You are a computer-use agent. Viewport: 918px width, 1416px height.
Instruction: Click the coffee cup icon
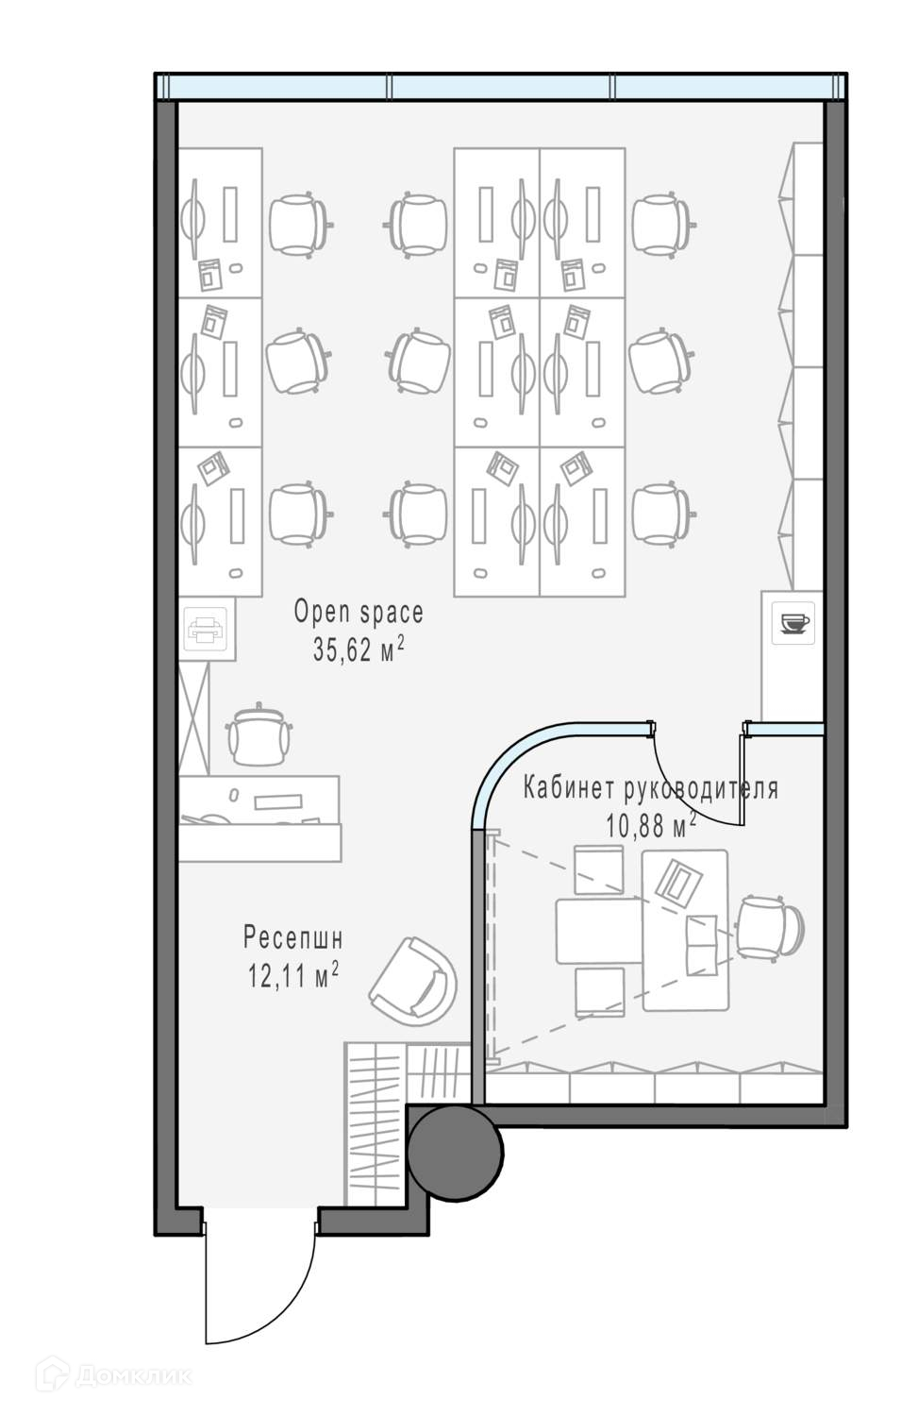click(793, 623)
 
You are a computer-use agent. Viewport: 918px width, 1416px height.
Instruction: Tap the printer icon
click(206, 630)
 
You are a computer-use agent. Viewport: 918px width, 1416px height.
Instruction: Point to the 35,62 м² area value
click(359, 649)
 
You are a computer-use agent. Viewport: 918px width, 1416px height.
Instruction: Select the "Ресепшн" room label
click(293, 937)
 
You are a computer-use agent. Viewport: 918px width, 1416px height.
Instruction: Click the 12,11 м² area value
click(293, 975)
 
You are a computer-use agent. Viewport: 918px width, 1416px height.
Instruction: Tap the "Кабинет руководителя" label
click(651, 789)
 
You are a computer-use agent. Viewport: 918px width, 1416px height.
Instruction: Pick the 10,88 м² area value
click(651, 825)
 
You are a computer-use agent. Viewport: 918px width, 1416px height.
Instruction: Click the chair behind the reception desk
click(259, 733)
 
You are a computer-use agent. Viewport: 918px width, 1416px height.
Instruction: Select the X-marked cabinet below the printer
click(193, 718)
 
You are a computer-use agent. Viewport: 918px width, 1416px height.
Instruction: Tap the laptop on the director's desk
click(678, 882)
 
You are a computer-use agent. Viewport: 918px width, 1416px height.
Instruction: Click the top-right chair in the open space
click(661, 225)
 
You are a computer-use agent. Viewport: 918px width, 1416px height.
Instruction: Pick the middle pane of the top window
click(502, 87)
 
